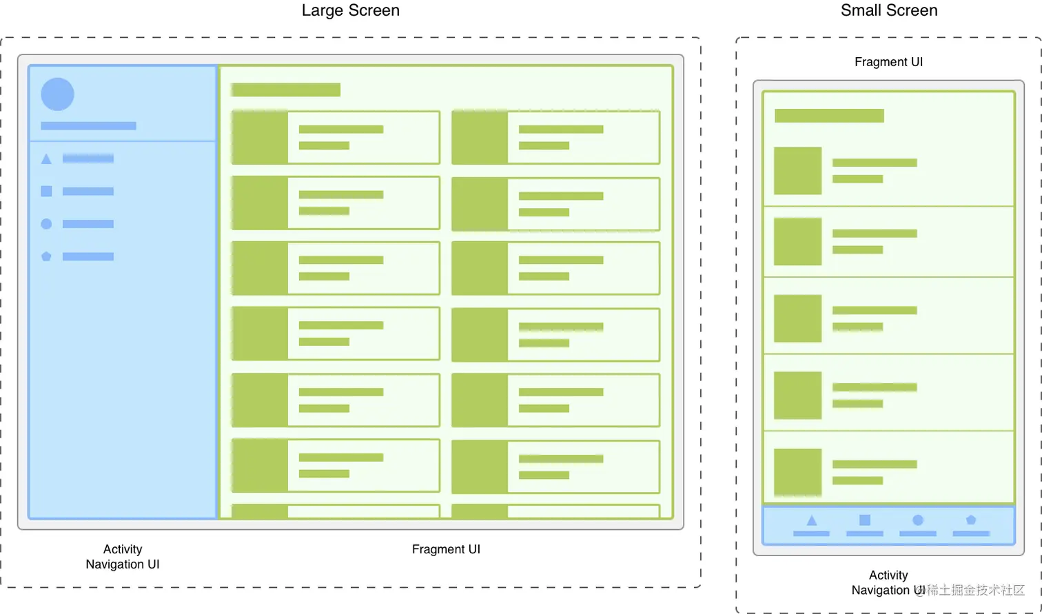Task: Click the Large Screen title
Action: (350, 11)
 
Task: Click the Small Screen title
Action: (888, 11)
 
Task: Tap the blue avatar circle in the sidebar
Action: (57, 94)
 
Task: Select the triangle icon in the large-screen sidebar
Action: (46, 159)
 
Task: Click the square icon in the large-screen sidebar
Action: (46, 191)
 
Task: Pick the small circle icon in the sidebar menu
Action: (46, 224)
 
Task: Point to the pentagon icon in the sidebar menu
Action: (46, 256)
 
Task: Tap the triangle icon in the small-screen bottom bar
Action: (811, 521)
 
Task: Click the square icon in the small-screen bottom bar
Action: (864, 520)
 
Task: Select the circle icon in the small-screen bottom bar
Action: (917, 520)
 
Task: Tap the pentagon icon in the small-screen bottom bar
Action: (971, 520)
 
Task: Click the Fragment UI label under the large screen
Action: (446, 549)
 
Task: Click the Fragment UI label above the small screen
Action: (888, 62)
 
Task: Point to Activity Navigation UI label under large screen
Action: (123, 557)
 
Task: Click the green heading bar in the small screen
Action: (829, 116)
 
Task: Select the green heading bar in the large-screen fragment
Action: (285, 90)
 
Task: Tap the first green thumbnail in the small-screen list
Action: (797, 171)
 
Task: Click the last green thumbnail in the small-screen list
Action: (797, 473)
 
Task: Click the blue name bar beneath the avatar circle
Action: (88, 126)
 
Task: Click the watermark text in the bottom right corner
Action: (975, 590)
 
